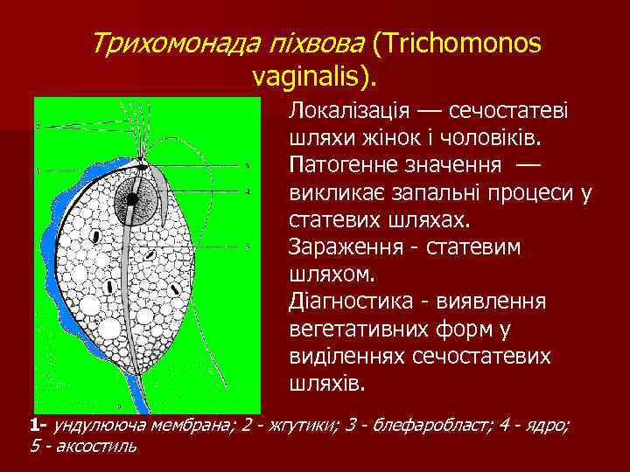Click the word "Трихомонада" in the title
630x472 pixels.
tap(168, 43)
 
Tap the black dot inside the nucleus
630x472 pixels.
tap(131, 199)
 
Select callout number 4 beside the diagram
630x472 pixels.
tap(248, 191)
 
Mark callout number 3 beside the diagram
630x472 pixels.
tap(248, 165)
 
